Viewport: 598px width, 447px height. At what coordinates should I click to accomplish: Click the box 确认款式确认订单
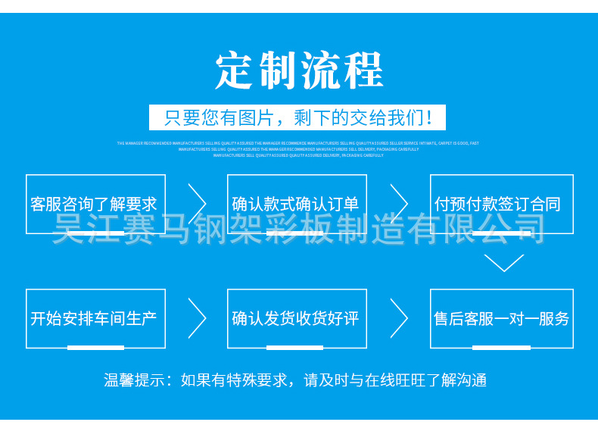[x=297, y=204]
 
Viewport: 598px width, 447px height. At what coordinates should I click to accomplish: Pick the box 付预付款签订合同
[x=500, y=204]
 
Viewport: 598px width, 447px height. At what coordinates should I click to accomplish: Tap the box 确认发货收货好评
[x=297, y=318]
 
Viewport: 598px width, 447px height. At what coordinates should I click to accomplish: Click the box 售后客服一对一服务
[x=500, y=318]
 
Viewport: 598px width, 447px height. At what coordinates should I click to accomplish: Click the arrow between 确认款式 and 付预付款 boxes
[x=400, y=204]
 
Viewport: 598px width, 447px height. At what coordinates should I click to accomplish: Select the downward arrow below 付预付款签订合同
[x=503, y=263]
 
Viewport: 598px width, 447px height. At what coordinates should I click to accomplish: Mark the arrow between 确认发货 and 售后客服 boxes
[x=400, y=318]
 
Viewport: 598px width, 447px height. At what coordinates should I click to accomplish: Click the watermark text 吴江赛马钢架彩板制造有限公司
[x=299, y=229]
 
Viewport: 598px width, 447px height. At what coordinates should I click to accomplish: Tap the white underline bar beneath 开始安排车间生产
[x=95, y=348]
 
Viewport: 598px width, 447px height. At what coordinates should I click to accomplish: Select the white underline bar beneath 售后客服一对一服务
[x=501, y=348]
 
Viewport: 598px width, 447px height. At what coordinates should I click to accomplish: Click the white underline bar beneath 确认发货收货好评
[x=295, y=348]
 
